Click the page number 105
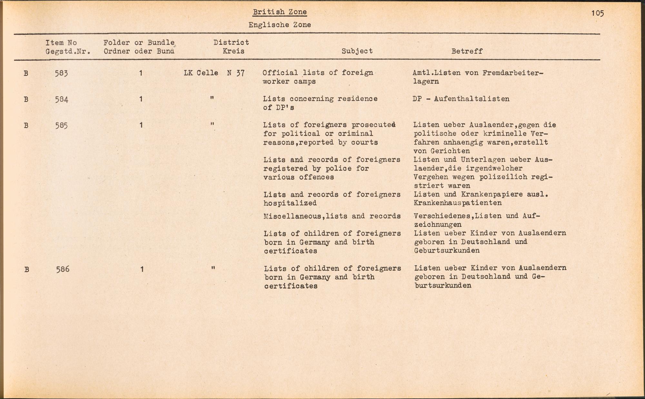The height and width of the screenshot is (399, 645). tap(598, 13)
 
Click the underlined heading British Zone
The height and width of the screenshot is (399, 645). tap(280, 12)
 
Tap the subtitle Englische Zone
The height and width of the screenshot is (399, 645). tap(280, 25)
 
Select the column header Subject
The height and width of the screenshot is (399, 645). tap(357, 51)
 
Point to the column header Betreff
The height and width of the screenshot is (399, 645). tap(467, 51)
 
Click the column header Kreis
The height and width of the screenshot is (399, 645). tap(233, 51)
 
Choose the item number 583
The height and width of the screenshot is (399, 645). tap(61, 73)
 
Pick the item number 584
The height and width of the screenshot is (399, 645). tap(61, 99)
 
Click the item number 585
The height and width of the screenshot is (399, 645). tap(61, 125)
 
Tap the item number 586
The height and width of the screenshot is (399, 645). tap(63, 269)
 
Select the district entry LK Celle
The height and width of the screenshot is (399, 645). tap(201, 73)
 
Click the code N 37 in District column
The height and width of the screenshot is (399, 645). tap(236, 73)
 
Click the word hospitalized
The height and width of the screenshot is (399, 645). tap(290, 203)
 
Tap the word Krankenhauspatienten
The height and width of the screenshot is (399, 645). tap(458, 203)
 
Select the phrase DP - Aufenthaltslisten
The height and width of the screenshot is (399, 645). tap(461, 99)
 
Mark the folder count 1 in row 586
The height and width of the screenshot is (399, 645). tap(142, 269)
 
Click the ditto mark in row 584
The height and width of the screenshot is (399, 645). tap(212, 98)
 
